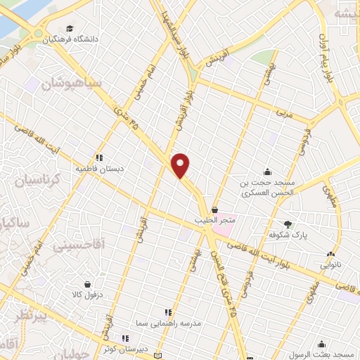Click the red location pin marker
181,165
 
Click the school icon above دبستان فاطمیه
99,157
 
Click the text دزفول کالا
87,294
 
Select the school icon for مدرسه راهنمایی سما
167,311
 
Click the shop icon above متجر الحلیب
214,210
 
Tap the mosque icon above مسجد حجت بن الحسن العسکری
267,171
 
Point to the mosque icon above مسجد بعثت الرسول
322,343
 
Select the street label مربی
283,111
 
